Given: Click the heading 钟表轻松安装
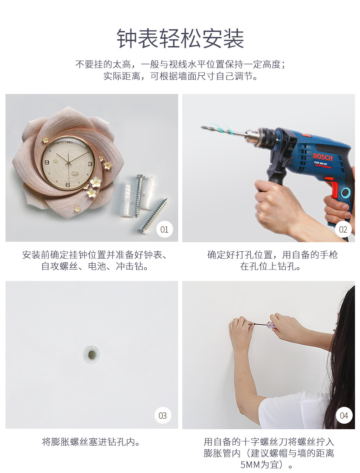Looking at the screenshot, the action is [180, 39].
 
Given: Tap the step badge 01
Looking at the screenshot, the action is [164, 229].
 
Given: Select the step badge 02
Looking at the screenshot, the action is [343, 229].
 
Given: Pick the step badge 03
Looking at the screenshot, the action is [163, 416].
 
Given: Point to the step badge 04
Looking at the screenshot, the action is [344, 416].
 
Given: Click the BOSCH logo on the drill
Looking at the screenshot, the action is [323, 157].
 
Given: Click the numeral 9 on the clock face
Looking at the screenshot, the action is [46, 162].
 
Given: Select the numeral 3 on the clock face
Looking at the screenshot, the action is [90, 164].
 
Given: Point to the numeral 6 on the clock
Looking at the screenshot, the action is [68, 185].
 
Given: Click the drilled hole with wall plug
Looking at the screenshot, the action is [91, 354].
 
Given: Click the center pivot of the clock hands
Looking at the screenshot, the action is [69, 163].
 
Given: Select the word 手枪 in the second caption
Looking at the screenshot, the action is [329, 255].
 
